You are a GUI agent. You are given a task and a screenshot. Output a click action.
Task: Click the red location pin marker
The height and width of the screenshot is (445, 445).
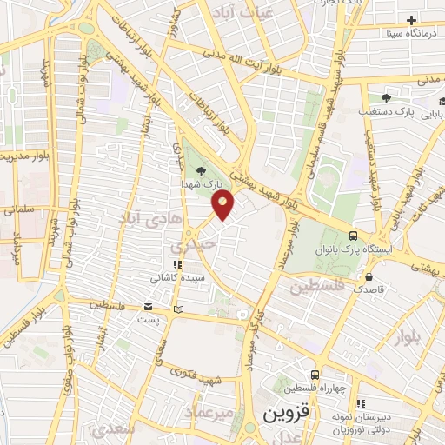[x=223, y=204]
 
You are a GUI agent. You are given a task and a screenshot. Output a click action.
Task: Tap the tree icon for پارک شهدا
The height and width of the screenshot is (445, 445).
[x=202, y=171]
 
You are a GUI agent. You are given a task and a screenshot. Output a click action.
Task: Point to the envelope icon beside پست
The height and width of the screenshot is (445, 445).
[x=148, y=308]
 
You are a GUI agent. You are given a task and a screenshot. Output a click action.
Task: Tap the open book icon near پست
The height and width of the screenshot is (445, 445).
[x=178, y=309]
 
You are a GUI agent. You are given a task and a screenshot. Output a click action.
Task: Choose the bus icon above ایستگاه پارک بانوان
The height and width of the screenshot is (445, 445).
[x=353, y=235]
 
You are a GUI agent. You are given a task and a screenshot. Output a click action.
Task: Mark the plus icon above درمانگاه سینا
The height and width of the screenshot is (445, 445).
[x=411, y=20]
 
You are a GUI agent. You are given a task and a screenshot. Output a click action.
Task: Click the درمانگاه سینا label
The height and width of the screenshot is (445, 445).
[x=413, y=34]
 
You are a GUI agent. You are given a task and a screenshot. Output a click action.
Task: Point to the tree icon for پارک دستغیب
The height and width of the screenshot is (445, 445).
[x=386, y=98]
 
